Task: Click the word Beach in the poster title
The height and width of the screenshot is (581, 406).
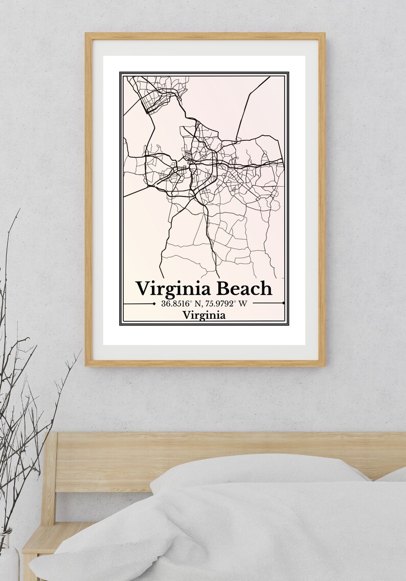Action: pyautogui.click(x=244, y=289)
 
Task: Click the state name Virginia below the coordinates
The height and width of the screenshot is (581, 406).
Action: pyautogui.click(x=204, y=315)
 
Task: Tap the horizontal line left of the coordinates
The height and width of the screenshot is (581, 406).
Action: pyautogui.click(x=139, y=304)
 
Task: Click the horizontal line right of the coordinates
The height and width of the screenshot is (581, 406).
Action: pyautogui.click(x=268, y=303)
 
